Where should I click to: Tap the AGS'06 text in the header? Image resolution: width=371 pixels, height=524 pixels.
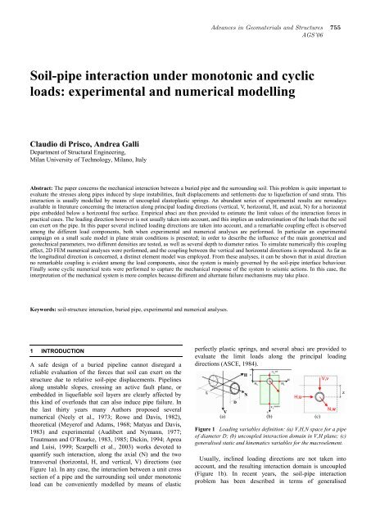[319, 16]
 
